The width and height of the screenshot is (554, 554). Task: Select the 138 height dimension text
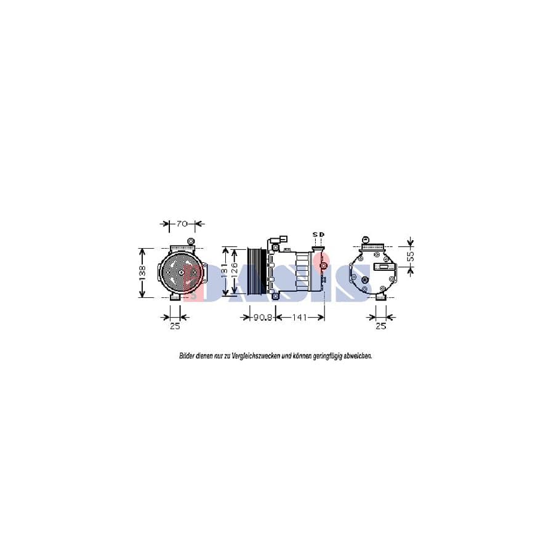[142, 272]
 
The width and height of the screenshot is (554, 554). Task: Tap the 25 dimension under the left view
[175, 326]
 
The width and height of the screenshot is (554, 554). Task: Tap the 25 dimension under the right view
[380, 326]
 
